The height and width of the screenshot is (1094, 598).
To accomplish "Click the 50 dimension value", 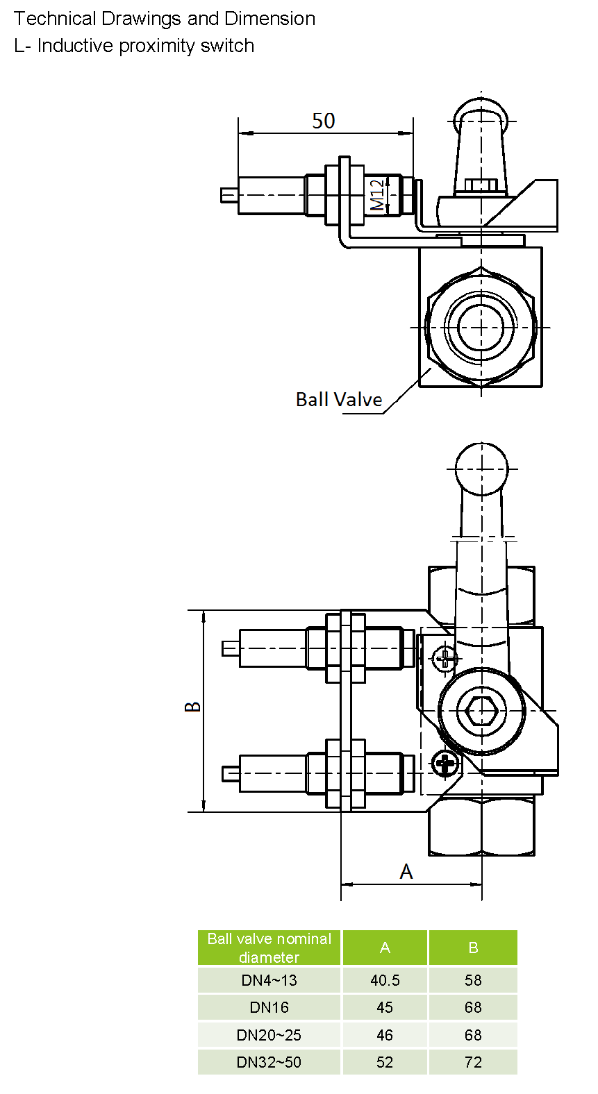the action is click(x=324, y=121).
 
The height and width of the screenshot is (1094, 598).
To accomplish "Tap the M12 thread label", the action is click(x=376, y=195).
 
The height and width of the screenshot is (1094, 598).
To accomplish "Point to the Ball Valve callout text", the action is click(x=339, y=400).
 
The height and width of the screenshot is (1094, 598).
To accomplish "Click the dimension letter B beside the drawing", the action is click(x=193, y=707).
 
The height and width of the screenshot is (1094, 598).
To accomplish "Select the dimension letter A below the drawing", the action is click(x=406, y=872).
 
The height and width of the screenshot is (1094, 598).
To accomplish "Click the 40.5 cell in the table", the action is click(x=385, y=980).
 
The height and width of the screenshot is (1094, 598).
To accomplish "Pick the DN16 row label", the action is click(x=269, y=1007).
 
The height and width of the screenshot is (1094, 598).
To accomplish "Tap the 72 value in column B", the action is click(x=473, y=1062).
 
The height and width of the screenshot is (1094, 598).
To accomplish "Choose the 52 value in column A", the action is click(x=385, y=1062).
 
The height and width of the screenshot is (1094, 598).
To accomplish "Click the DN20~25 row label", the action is click(x=269, y=1035).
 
